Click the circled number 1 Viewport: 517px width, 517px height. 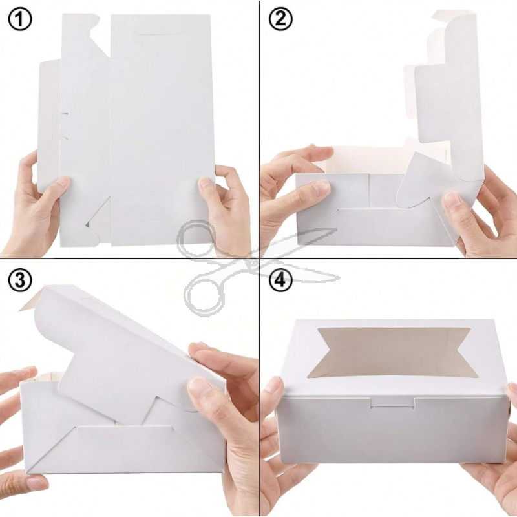[20, 20]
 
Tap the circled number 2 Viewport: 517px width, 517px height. [280, 19]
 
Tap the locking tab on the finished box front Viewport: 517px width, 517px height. [392, 403]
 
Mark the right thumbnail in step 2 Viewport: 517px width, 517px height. [451, 201]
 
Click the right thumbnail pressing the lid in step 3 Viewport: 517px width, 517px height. [199, 386]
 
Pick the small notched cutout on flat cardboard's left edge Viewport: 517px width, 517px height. [63, 126]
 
